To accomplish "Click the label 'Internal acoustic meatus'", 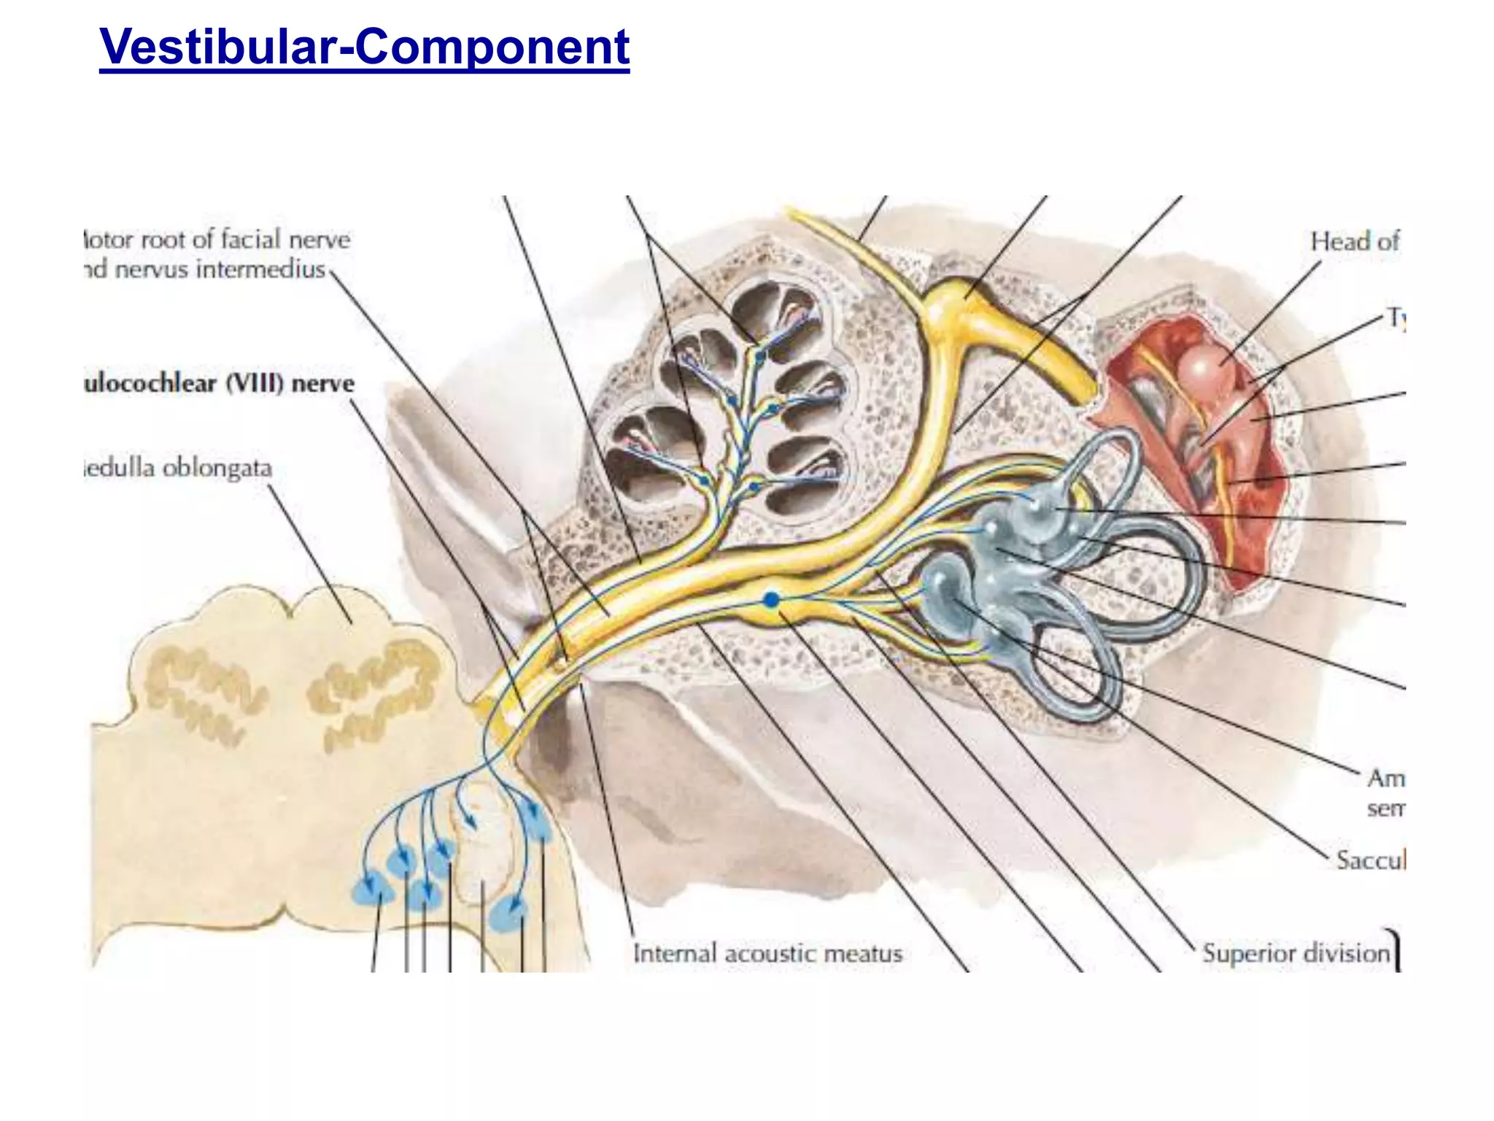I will click(767, 953).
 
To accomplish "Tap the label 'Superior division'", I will click(1296, 953).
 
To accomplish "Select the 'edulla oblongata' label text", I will click(179, 468).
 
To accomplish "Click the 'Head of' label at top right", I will click(1354, 242).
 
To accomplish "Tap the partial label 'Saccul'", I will click(1369, 860).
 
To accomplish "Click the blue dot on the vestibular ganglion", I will click(771, 600).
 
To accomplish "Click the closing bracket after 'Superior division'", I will click(1396, 950).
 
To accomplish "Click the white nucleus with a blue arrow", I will click(481, 839).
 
